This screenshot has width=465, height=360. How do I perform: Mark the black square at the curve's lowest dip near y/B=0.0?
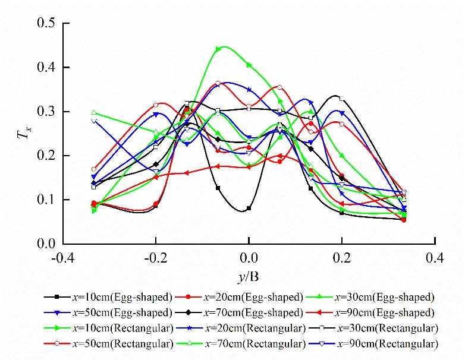point(249,209)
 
